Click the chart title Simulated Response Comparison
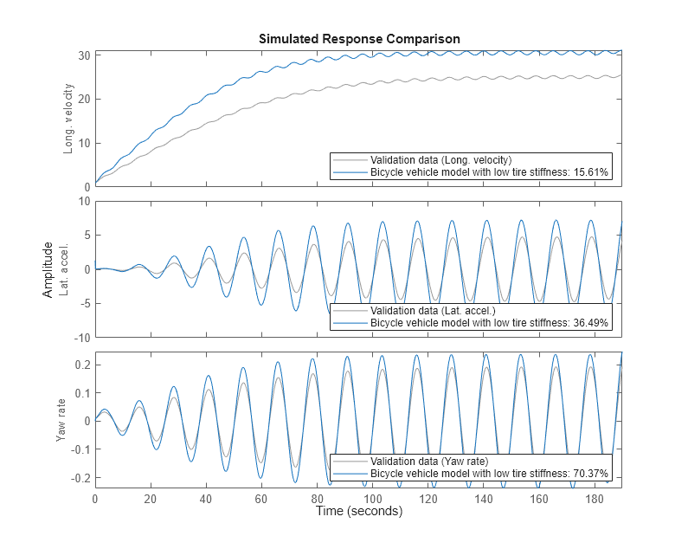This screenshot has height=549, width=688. pyautogui.click(x=358, y=39)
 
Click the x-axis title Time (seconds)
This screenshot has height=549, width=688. pyautogui.click(x=358, y=512)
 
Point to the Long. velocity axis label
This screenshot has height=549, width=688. pyautogui.click(x=68, y=119)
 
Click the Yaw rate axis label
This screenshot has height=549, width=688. pyautogui.click(x=61, y=420)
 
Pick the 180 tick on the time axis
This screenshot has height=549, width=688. pyautogui.click(x=595, y=500)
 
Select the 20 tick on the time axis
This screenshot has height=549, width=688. pyautogui.click(x=151, y=500)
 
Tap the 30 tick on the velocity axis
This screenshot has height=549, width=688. pyautogui.click(x=82, y=55)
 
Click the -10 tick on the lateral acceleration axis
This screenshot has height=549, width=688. pyautogui.click(x=80, y=337)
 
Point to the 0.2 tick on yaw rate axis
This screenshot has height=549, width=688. pyautogui.click(x=80, y=365)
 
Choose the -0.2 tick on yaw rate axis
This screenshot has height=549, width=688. pyautogui.click(x=79, y=477)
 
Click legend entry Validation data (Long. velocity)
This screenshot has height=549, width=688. pyautogui.click(x=440, y=160)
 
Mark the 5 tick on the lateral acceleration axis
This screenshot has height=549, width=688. pyautogui.click(x=86, y=235)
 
